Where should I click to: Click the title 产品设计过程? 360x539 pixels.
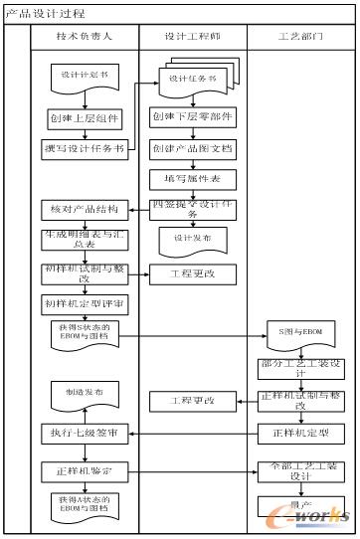[46, 14]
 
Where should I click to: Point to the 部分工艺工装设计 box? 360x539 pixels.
[302, 369]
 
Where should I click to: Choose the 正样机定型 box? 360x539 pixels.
[302, 433]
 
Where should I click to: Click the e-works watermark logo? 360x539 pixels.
[324, 513]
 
